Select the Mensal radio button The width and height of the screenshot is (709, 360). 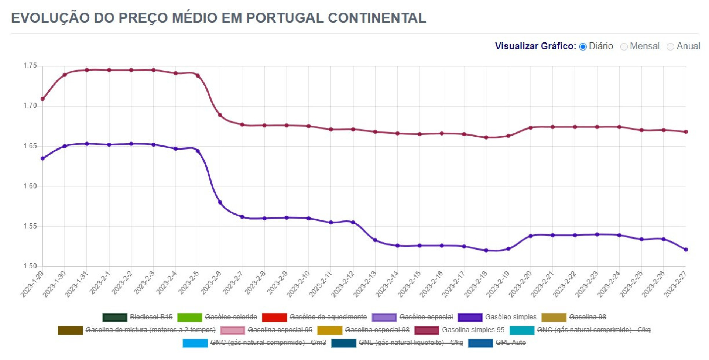[624, 47]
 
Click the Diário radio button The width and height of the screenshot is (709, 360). [583, 47]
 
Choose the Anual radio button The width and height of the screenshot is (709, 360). [670, 47]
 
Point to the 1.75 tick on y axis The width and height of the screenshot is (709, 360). [30, 66]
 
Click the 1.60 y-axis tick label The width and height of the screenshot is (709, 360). [30, 186]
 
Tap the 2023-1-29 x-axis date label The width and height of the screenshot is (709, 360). [32, 284]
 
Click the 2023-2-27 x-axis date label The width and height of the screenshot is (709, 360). [676, 284]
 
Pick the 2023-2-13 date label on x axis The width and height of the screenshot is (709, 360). [365, 284]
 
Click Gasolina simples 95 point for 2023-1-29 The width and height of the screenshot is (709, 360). [42, 99]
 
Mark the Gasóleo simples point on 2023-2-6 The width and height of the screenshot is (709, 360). [220, 202]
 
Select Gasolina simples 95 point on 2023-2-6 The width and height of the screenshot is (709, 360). [220, 115]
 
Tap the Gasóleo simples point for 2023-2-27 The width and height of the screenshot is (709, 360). [686, 250]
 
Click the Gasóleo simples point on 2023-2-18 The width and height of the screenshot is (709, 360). [486, 250]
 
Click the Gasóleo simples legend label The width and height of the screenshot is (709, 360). [510, 317]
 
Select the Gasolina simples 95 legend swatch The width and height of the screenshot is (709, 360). [427, 330]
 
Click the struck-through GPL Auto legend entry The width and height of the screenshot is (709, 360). [510, 343]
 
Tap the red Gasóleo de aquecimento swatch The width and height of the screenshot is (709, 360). [274, 317]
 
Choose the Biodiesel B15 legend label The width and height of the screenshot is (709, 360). [151, 317]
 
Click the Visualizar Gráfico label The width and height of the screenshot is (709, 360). [535, 46]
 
